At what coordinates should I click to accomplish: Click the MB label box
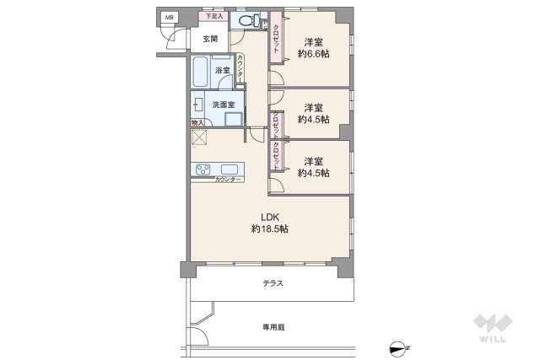click(x=169, y=17)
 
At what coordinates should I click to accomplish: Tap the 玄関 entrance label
click(x=210, y=39)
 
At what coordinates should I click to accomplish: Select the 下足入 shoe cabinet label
click(x=213, y=16)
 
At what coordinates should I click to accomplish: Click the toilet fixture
click(x=249, y=22)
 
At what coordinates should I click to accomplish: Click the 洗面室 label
click(x=223, y=105)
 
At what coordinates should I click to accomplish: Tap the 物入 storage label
click(x=197, y=124)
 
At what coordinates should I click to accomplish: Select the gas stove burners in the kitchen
click(x=204, y=169)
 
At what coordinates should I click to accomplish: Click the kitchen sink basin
click(x=229, y=169)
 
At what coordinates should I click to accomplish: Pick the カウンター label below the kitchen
click(x=229, y=180)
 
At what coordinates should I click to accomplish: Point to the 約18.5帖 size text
click(x=269, y=228)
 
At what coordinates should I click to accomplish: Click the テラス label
click(x=273, y=284)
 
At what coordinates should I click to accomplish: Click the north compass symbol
click(x=399, y=347)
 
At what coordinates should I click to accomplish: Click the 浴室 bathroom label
click(x=223, y=70)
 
